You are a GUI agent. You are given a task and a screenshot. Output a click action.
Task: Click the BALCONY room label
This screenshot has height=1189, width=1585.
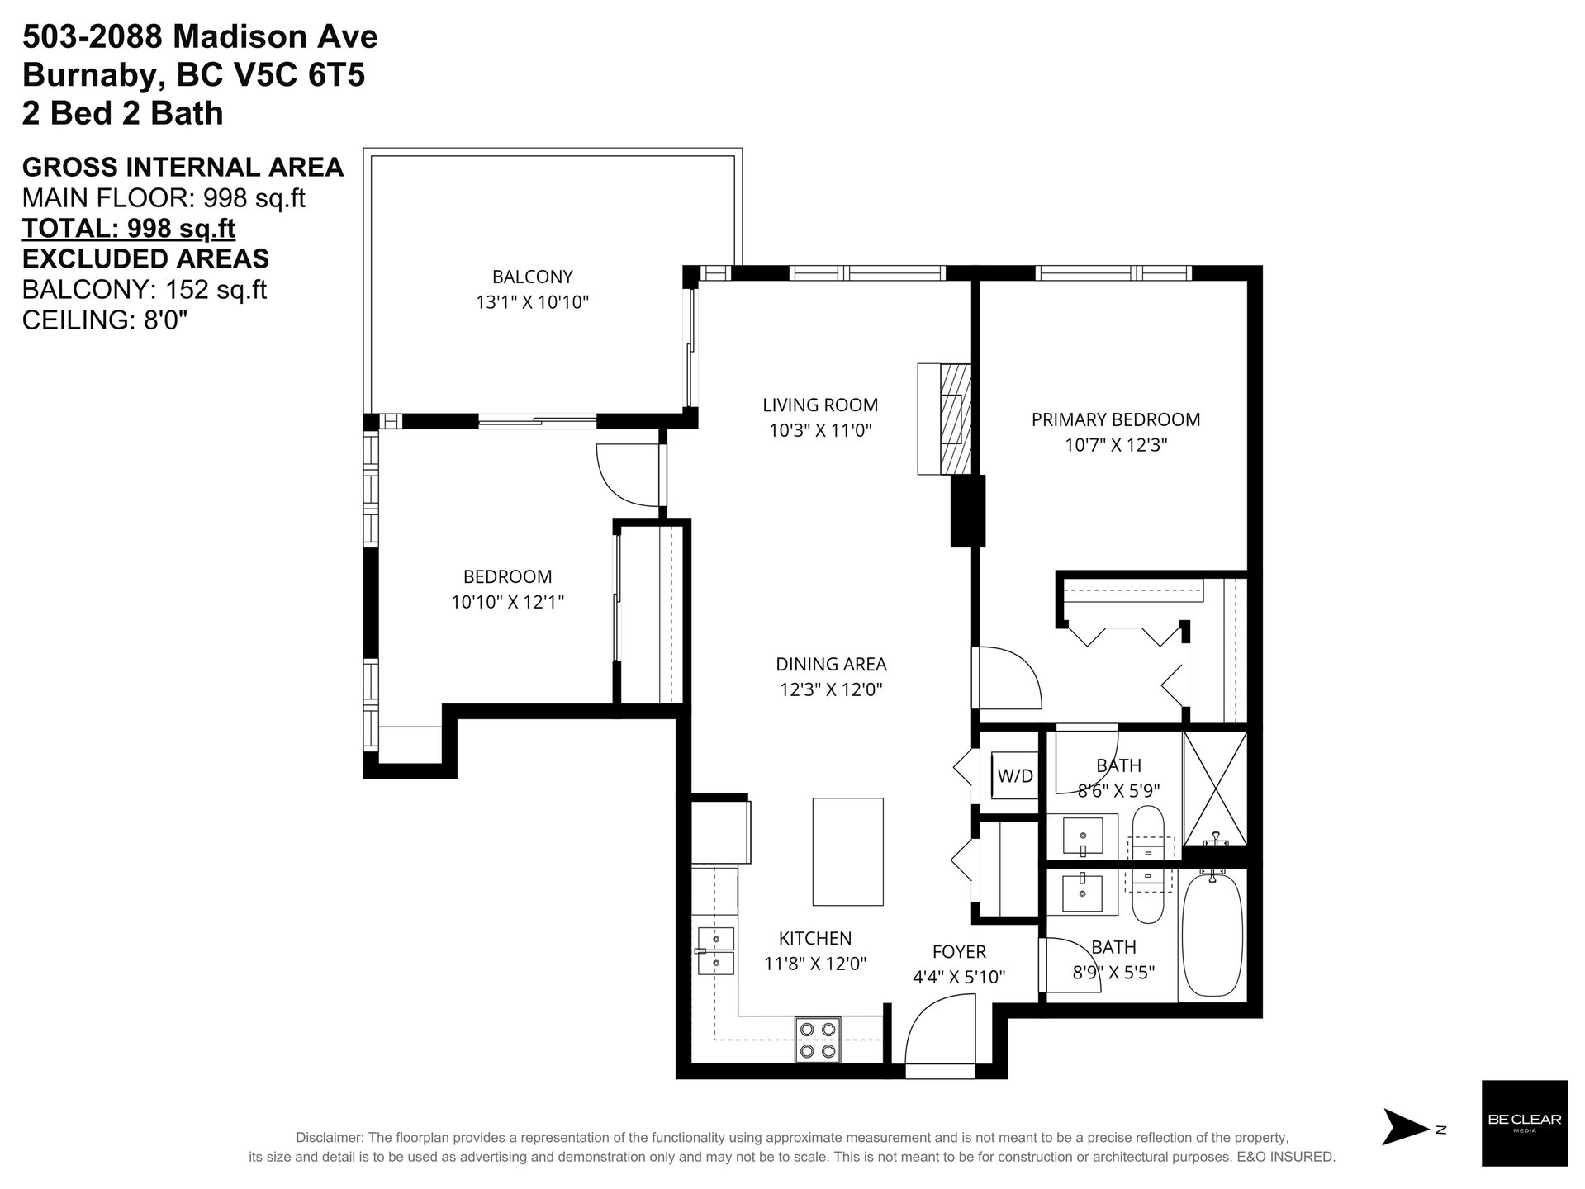coord(532,277)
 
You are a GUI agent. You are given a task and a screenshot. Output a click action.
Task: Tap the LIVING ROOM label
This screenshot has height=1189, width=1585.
coord(820,405)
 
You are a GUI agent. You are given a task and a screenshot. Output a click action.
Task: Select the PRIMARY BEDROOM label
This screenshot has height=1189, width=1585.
coord(1116,419)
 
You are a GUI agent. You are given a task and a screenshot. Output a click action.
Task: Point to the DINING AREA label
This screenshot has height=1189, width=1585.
coord(831,664)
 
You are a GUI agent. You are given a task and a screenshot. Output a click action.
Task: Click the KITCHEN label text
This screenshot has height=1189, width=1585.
coord(815,938)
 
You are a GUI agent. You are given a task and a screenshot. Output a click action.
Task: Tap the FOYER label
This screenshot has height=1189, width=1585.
coord(959,951)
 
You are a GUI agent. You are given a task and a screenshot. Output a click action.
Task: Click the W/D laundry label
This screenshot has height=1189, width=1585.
coord(1015,776)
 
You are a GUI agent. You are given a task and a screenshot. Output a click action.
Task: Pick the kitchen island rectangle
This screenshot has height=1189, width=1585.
coord(847,851)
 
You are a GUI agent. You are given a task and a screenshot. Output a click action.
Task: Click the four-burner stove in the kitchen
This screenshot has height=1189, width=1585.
coord(818,1040)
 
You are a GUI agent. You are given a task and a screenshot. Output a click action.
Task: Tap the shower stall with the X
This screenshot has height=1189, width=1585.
coord(1215,788)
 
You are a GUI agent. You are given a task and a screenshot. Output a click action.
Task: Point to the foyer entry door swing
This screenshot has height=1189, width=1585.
coord(940,1030)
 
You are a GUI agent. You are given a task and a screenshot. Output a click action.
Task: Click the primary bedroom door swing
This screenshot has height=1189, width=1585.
coord(1008,677)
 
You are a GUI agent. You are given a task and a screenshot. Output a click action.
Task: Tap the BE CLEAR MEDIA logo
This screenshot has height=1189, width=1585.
coord(1525,1123)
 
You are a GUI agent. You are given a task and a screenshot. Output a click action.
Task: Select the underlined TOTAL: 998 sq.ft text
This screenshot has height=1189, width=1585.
coord(129,228)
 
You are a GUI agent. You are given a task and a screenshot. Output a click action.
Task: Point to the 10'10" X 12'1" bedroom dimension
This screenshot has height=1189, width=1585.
coord(507,602)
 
